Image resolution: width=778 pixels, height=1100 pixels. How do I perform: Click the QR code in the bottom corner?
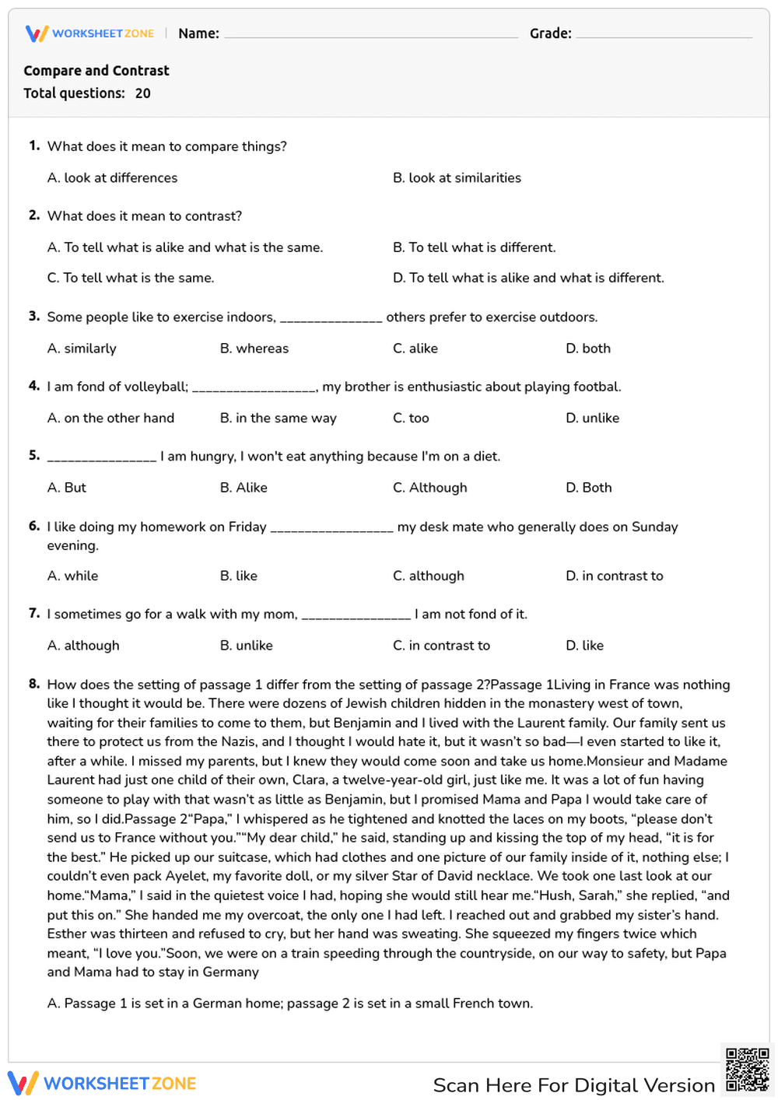(x=748, y=1070)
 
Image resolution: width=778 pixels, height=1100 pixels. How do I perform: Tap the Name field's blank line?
(x=370, y=36)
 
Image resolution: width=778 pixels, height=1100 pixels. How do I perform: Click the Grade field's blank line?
(x=664, y=36)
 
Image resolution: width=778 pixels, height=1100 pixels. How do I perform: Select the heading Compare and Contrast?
(x=96, y=71)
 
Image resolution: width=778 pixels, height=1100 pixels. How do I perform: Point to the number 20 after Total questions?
(x=143, y=93)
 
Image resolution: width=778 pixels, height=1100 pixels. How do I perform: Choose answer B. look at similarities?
(x=457, y=178)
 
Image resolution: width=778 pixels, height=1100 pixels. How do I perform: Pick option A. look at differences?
(x=112, y=178)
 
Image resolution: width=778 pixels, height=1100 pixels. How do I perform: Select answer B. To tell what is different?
(x=474, y=247)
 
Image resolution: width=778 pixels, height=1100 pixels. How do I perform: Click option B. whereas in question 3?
(x=254, y=349)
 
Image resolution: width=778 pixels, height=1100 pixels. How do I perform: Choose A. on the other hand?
(x=110, y=418)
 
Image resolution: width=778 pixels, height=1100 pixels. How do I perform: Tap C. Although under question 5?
(x=430, y=488)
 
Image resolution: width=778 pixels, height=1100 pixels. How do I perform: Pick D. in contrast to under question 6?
(x=614, y=576)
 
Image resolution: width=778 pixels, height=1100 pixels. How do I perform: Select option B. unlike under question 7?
(x=247, y=646)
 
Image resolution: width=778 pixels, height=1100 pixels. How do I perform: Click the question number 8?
(x=34, y=684)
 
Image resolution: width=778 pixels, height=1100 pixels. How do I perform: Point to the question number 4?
(x=34, y=386)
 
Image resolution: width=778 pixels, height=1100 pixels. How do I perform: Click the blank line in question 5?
(x=102, y=459)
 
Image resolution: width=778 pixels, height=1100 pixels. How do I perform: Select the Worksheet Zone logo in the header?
(x=90, y=33)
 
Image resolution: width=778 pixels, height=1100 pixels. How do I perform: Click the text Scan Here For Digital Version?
(x=573, y=1085)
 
